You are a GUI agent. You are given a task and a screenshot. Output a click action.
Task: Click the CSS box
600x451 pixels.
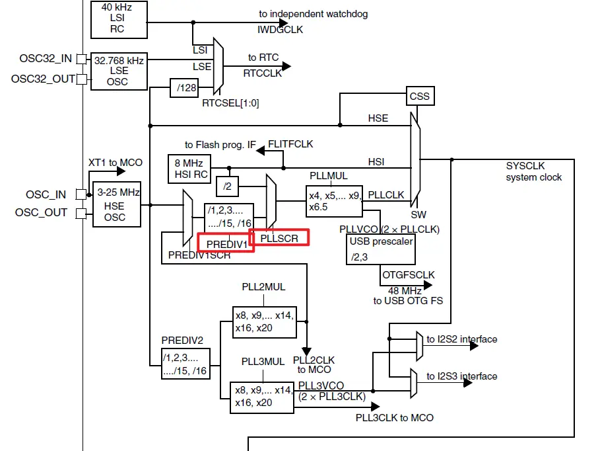coord(419,97)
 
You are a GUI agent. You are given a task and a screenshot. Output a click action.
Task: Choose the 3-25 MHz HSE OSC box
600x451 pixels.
coord(117,205)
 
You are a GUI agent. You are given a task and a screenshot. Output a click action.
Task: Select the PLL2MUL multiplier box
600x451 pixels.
coord(263,321)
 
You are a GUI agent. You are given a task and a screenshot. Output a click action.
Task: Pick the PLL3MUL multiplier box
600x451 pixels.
coord(262,396)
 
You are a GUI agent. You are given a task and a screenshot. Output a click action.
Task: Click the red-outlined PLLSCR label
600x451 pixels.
coord(280,236)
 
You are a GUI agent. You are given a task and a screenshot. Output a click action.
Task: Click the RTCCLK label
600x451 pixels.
coord(263,73)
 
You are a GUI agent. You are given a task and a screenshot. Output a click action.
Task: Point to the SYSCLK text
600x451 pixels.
coord(526,165)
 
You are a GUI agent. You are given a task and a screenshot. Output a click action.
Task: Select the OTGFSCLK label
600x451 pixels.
coord(408,274)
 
